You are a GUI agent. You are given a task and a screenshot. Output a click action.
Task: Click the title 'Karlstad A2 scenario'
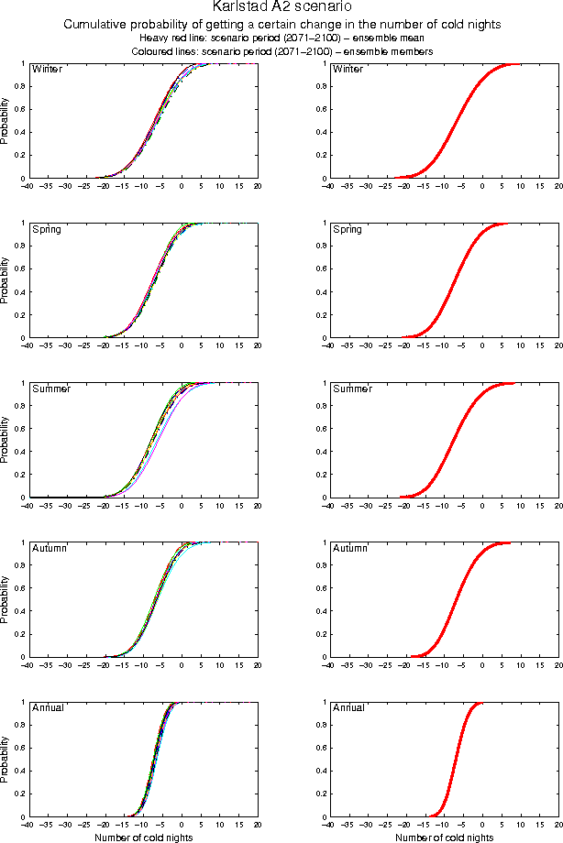281,8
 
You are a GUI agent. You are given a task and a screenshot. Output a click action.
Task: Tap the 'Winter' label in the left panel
48,70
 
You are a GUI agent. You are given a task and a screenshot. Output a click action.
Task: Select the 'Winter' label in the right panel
348,70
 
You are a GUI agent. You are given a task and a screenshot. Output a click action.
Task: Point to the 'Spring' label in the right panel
348,229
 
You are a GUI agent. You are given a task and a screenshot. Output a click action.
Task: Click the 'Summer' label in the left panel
50,389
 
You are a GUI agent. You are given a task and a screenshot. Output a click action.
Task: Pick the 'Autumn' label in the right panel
350,548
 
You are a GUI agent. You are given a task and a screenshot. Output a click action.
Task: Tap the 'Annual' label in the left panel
48,708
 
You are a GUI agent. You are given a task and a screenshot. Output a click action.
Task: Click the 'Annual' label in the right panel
348,708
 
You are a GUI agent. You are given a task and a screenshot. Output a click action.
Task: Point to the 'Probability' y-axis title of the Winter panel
6,121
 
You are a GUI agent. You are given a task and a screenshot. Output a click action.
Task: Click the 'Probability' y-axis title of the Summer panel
6,440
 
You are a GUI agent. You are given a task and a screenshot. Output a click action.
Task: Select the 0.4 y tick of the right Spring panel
319,292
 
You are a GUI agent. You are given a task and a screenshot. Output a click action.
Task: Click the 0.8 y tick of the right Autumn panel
319,565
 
